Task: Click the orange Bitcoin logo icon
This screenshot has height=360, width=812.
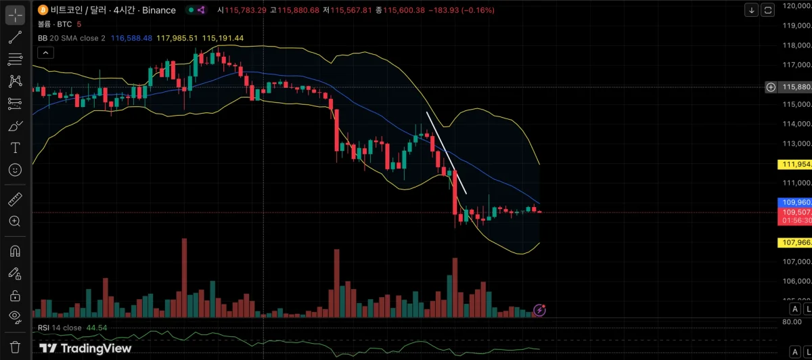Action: tap(43, 10)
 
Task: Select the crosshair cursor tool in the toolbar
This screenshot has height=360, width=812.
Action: tap(15, 14)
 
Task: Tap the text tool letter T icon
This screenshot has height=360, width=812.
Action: tap(15, 147)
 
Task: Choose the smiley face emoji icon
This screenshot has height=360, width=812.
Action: tap(15, 169)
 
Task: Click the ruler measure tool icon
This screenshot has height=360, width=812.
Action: tap(15, 199)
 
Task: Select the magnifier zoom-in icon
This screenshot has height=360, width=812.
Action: tap(15, 221)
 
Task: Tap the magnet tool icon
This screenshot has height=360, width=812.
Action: tap(15, 250)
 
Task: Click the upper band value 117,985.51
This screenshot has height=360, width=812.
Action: tap(177, 38)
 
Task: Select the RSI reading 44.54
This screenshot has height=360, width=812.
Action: tap(97, 328)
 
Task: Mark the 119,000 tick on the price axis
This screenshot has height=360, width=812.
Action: tap(796, 25)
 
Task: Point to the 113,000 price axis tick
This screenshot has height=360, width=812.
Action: tap(796, 143)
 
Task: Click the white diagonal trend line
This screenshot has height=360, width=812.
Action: tap(446, 152)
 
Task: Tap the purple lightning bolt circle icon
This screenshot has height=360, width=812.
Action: tap(539, 310)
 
